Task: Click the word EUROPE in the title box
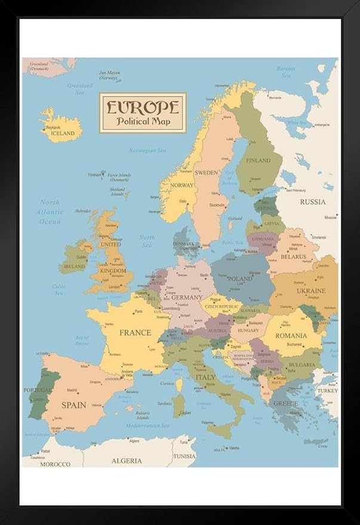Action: click(x=143, y=107)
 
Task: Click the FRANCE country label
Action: click(x=135, y=333)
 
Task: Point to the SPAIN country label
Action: click(x=73, y=405)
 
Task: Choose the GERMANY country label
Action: click(x=187, y=297)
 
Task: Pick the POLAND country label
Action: click(x=239, y=279)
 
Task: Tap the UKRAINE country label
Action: click(x=311, y=291)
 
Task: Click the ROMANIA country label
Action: click(x=291, y=336)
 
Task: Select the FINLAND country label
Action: click(x=258, y=160)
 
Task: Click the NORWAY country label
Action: click(x=181, y=185)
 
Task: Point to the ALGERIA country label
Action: click(x=127, y=460)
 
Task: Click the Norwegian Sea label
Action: click(x=147, y=150)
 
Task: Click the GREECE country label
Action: click(x=285, y=404)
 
